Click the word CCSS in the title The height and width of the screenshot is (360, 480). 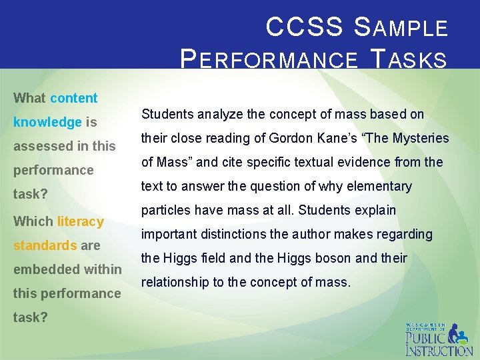[304, 27]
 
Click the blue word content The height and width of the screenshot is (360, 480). [73, 98]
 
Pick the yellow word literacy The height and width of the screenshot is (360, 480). [81, 221]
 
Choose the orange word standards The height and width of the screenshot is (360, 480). [45, 245]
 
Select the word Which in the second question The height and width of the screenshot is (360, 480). [33, 221]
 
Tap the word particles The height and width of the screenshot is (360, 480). [164, 210]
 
